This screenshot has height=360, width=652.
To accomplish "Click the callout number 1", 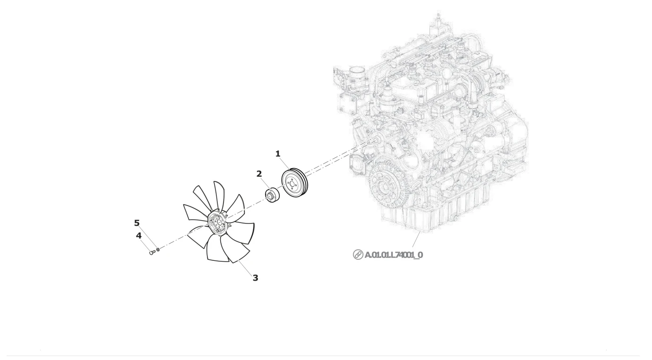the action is tap(278, 154).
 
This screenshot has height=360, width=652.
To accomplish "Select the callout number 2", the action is tap(259, 174).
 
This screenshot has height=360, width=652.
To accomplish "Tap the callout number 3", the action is tap(255, 278).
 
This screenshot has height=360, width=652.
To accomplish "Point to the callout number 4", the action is tap(138, 235).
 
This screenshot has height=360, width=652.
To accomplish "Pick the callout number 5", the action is tap(137, 223).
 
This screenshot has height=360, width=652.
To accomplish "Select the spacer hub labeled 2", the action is tap(273, 196).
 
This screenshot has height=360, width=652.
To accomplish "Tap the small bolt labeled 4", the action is tap(152, 252).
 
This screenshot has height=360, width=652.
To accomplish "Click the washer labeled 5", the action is tap(158, 249).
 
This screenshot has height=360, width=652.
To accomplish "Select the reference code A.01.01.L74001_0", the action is tap(394, 255).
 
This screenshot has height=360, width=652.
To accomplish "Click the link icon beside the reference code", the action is tap(358, 255).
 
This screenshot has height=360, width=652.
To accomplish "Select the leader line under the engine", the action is tap(417, 239).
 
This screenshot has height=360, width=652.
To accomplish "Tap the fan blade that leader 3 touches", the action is tap(234, 248).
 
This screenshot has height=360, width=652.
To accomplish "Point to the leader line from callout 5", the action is tap(148, 236).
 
